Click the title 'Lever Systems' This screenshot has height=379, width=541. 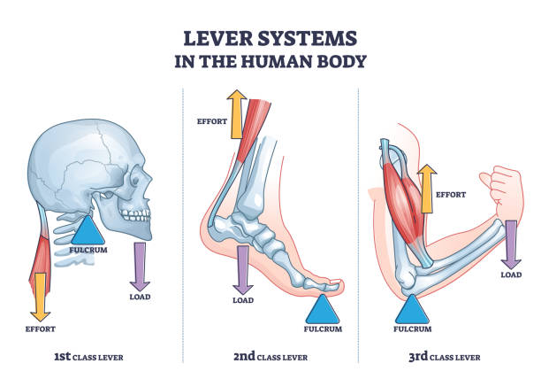tap(270, 38)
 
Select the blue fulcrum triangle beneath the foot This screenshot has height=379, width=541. tap(323, 311)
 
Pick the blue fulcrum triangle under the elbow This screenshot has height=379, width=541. tap(413, 309)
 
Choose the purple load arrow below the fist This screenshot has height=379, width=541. tap(511, 244)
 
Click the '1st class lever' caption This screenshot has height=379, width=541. tap(88, 357)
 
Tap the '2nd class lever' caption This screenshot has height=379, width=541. tap(270, 357)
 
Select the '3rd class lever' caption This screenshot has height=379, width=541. tap(446, 357)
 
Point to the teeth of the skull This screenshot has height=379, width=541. tap(135, 215)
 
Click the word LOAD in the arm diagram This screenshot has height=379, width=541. tap(511, 275)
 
